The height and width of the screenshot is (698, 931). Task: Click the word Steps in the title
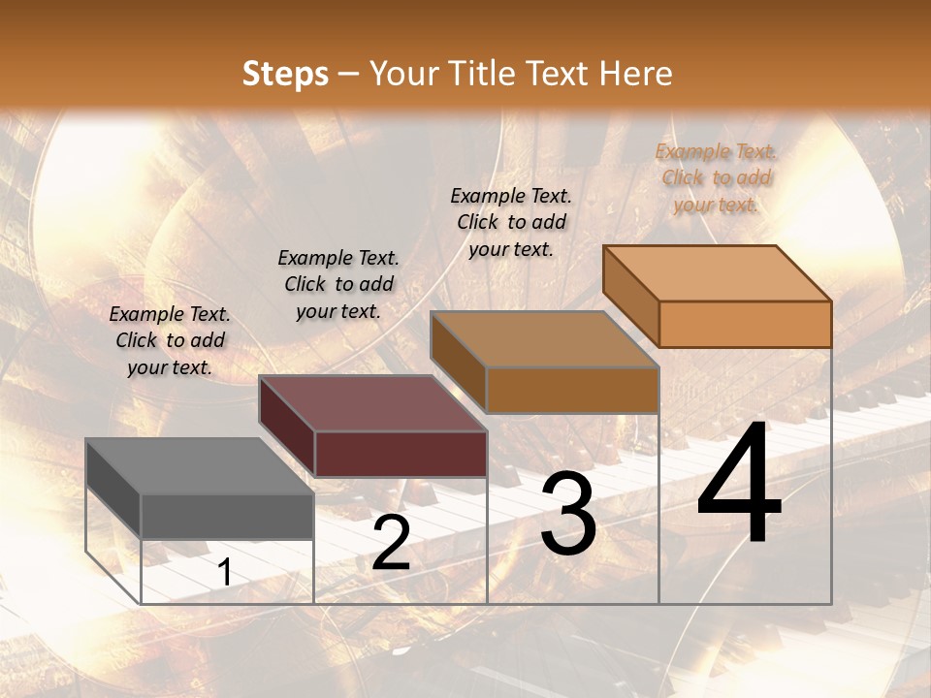285,74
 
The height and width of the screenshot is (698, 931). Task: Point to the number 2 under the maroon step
391,543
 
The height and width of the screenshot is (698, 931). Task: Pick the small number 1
225,573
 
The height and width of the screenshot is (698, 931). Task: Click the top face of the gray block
200,466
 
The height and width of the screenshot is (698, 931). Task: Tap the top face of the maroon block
372,403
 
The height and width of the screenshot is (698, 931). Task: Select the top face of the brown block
545,339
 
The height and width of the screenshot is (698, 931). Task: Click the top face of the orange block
718,273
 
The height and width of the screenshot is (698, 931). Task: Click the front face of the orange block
745,324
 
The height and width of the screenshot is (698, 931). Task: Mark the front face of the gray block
227,516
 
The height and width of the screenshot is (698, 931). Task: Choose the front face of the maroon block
401,454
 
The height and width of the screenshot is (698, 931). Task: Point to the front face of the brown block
572,390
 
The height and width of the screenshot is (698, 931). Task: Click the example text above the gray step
170,340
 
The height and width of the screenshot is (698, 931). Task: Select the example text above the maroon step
338,284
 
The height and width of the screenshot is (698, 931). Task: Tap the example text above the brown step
511,222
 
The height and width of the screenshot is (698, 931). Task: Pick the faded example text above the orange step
716,177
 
